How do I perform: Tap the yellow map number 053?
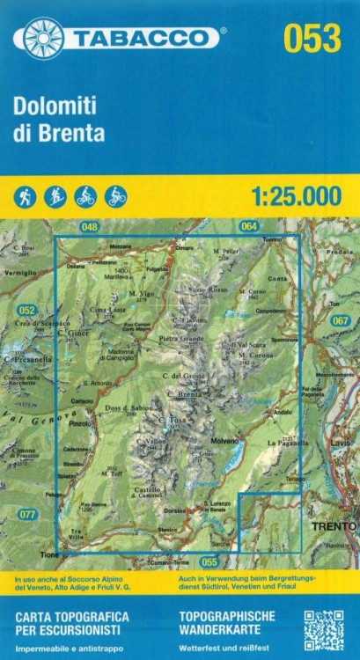tap(312, 39)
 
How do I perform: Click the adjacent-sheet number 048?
tap(89, 228)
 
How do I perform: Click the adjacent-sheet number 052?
tap(26, 310)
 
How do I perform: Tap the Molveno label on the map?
tap(225, 440)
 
